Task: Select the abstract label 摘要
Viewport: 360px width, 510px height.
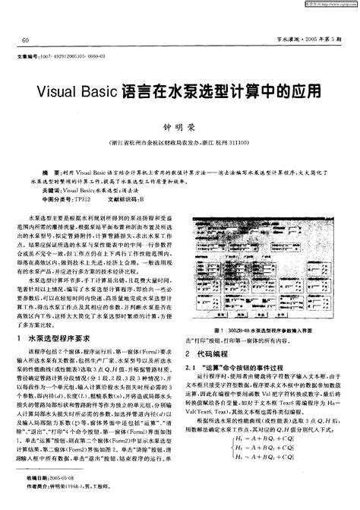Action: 50,174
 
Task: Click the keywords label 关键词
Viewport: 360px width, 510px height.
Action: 52,191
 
